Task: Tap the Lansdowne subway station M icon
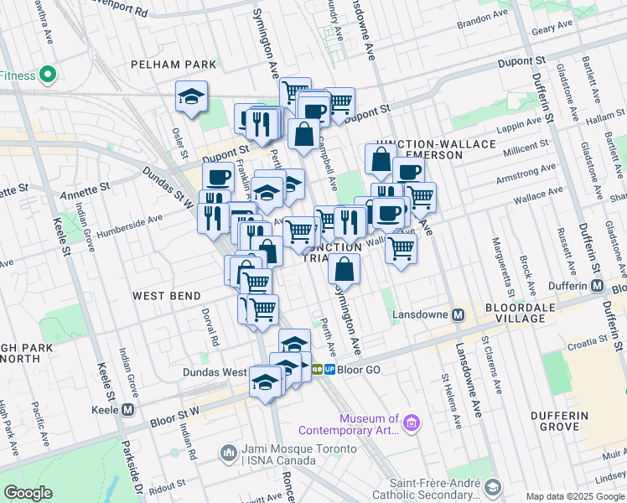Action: pos(458,315)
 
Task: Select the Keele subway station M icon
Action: pos(128,410)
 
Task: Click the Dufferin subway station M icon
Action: pos(597,285)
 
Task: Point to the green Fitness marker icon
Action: pos(47,75)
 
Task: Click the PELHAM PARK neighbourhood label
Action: pos(173,65)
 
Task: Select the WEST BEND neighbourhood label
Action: pos(166,296)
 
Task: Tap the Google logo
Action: pos(28,494)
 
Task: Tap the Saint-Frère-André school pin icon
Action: pos(493,487)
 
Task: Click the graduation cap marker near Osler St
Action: pos(192,97)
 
